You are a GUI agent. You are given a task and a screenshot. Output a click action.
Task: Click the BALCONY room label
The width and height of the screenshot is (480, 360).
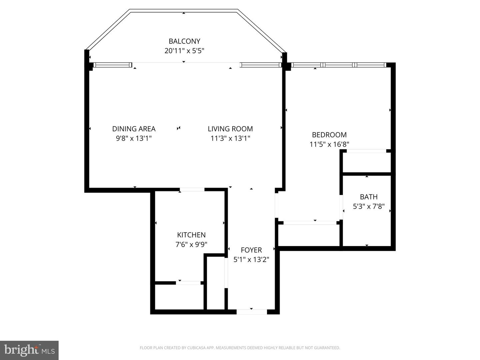184,41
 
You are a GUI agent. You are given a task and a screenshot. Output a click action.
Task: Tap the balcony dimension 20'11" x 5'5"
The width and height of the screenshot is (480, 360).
184,51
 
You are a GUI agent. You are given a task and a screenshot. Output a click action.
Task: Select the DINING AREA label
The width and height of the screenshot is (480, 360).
134,129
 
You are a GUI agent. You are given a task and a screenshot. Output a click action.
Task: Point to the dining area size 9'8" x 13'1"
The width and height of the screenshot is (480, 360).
134,138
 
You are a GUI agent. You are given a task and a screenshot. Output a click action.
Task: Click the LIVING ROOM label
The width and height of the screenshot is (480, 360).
230,129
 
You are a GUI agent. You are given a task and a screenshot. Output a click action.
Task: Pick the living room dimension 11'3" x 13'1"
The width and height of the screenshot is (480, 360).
230,138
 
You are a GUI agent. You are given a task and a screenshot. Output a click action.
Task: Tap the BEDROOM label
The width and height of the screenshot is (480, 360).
329,135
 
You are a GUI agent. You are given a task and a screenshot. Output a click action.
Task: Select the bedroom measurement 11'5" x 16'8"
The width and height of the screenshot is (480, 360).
329,144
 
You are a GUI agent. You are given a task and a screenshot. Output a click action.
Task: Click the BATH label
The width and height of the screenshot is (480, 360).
369,197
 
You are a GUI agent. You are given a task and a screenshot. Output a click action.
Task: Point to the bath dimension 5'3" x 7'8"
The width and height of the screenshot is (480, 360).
369,206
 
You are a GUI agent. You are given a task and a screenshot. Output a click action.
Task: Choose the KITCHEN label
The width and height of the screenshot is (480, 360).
191,235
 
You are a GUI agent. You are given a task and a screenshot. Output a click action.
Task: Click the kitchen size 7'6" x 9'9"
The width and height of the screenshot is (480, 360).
191,244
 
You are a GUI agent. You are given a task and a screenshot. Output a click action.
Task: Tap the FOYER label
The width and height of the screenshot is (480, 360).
251,250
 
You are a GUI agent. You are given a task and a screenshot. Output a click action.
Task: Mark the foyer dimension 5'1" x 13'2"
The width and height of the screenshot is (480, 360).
251,260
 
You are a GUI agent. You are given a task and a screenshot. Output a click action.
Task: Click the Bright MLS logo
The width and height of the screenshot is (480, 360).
29,350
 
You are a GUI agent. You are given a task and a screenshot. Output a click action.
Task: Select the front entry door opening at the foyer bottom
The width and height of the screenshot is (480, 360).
252,312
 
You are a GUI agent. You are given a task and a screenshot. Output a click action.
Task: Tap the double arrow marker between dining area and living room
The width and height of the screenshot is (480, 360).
179,128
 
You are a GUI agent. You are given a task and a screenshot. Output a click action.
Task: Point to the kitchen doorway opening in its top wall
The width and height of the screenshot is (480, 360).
192,190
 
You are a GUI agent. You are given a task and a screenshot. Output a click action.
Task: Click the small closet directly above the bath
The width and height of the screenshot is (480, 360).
367,163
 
